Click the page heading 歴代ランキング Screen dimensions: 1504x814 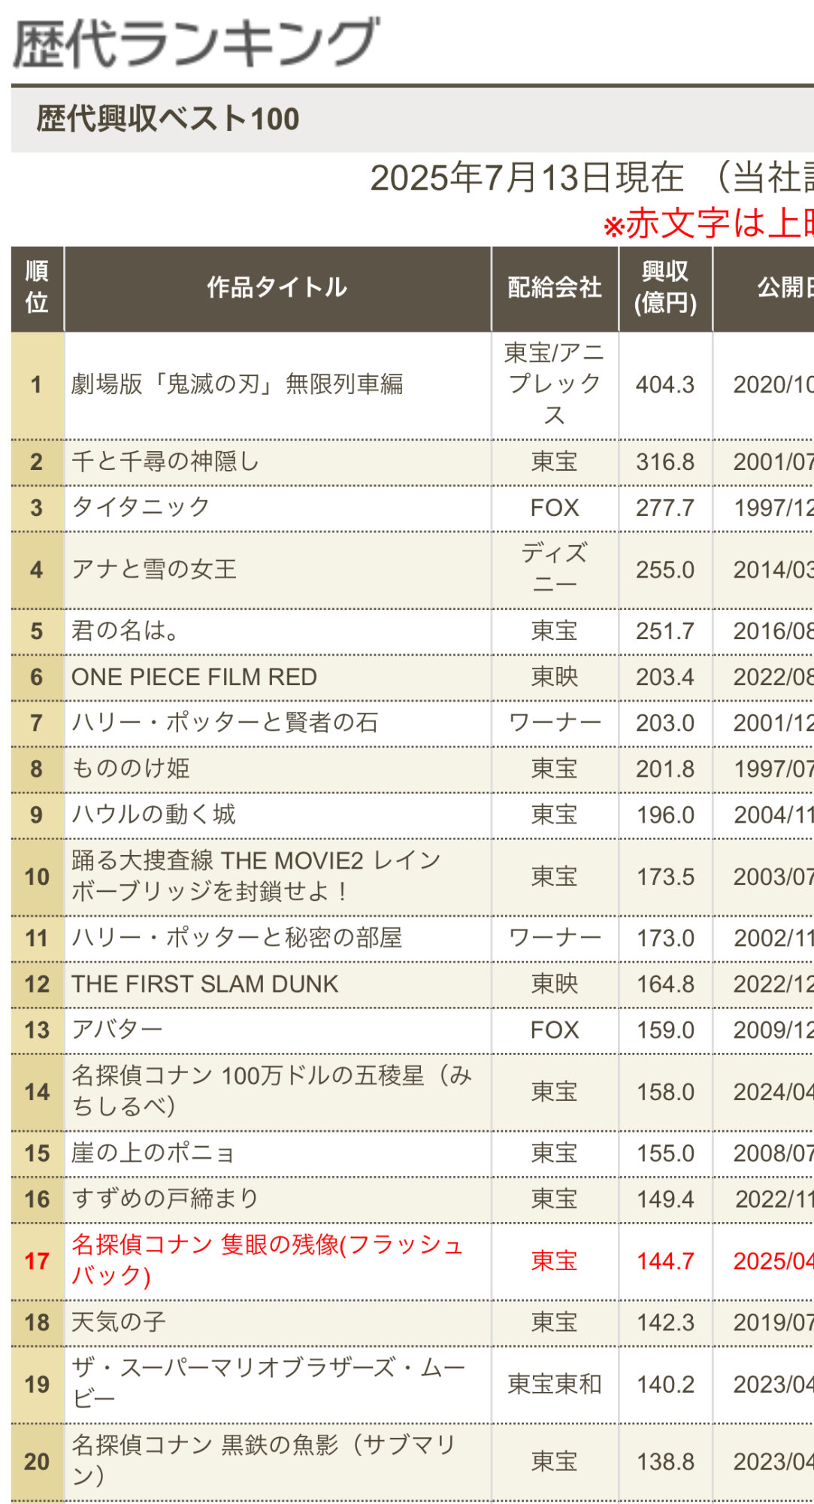195,44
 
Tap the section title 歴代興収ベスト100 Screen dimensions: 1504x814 168,119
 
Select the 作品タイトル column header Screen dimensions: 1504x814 277,287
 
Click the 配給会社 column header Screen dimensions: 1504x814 555,287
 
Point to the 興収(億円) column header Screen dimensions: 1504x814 665,287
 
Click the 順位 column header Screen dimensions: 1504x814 37,287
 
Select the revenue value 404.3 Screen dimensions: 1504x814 665,385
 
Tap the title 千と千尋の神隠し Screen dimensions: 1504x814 165,462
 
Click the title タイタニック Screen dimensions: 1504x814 141,508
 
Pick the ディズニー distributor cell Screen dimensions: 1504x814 555,569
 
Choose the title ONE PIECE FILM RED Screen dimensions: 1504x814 194,677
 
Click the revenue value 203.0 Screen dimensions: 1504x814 665,723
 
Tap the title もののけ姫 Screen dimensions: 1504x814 131,769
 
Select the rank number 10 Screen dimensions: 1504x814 37,877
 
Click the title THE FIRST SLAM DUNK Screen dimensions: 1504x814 204,984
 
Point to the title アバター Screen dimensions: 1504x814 117,1029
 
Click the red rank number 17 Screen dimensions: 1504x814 37,1261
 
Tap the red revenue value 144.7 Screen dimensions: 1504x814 665,1261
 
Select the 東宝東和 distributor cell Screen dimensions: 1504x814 555,1384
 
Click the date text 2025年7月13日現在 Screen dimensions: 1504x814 527,179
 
